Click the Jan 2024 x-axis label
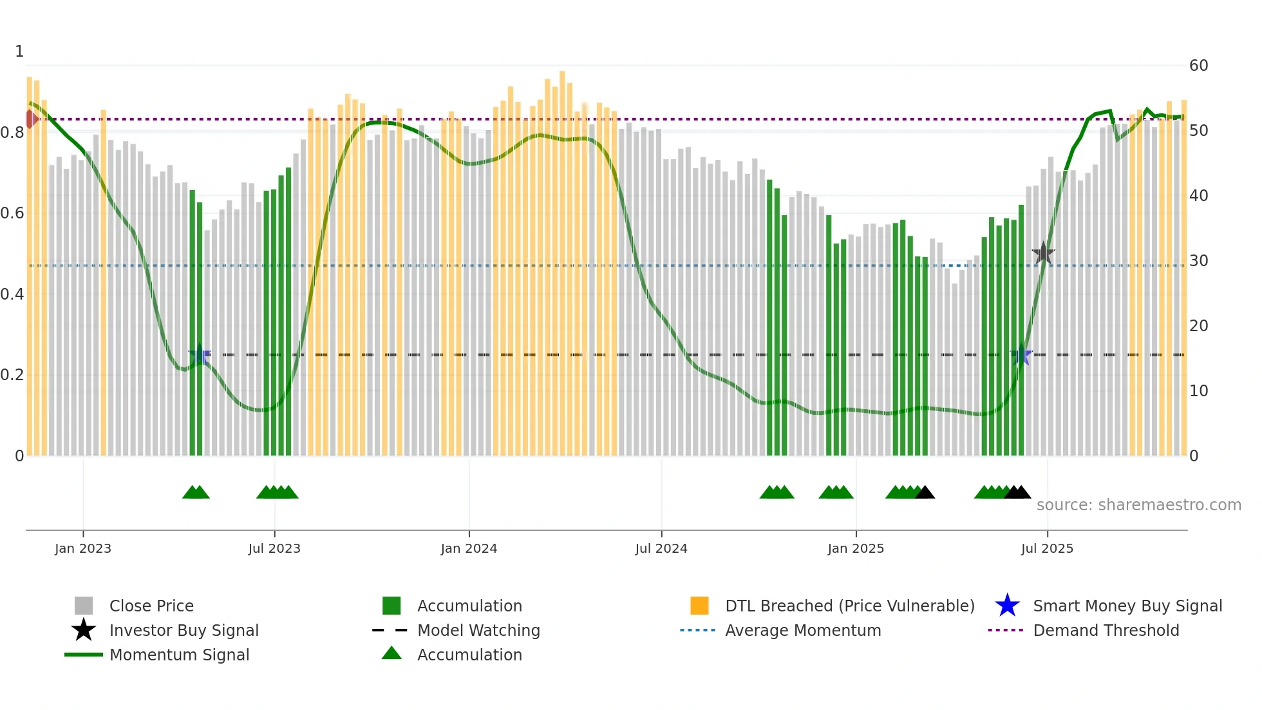(469, 548)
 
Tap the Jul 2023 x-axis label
(274, 548)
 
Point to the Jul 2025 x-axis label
(1047, 548)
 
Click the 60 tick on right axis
(1198, 66)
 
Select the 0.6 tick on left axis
(12, 213)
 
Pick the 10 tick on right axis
(1198, 391)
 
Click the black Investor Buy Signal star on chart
(1043, 253)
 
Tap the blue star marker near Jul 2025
(1021, 354)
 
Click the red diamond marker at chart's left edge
(30, 119)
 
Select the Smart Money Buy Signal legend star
(1007, 606)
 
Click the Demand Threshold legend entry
(1106, 630)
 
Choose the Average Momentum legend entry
(802, 630)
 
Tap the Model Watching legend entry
(478, 630)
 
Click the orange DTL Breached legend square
(699, 606)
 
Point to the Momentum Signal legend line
(84, 655)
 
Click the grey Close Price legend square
(84, 606)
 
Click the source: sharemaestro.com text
(1138, 505)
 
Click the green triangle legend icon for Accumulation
(391, 653)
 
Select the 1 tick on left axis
(19, 52)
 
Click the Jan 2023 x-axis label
(82, 548)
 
